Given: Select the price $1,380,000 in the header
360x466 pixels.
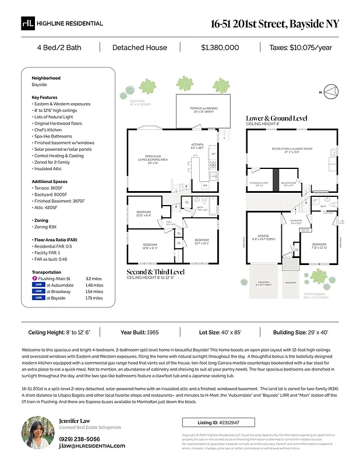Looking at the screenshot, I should click(220, 48).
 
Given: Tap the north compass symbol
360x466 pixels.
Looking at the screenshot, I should click(331, 91).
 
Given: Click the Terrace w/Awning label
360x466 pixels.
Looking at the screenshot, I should click(196, 109).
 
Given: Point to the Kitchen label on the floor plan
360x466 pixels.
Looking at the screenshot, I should click(198, 146).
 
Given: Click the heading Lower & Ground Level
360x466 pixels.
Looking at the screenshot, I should click(276, 118).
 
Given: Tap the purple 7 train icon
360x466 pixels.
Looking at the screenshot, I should click(34, 279).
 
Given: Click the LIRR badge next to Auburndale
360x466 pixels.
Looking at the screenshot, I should click(38, 285).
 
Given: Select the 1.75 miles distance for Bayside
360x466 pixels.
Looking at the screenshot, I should click(94, 298).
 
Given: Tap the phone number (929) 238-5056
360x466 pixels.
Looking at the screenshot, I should click(79, 439).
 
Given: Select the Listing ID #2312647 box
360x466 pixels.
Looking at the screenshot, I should click(218, 422).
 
